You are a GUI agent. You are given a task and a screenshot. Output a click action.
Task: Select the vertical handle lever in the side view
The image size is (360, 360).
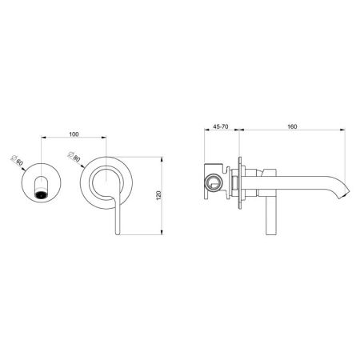click(x=269, y=216)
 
